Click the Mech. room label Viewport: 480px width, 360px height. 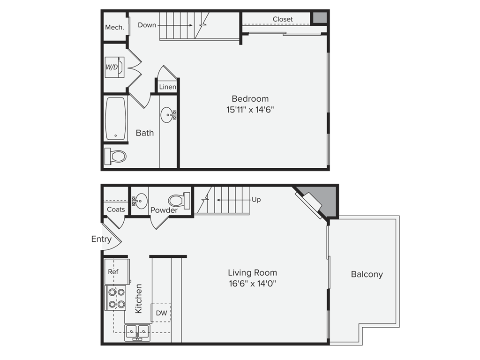pos(114,27)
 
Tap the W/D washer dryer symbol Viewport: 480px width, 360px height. pos(114,67)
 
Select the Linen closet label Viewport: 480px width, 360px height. pos(167,87)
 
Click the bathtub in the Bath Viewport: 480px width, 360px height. pos(115,119)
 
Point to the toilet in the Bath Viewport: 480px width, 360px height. pos(115,156)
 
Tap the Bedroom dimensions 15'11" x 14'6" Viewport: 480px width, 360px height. pos(250,110)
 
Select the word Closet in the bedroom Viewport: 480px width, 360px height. pos(283,19)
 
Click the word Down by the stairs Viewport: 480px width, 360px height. pos(147,25)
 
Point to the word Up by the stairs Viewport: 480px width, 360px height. pos(256,200)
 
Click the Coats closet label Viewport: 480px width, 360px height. pos(116,210)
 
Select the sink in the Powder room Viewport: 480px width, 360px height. pos(140,201)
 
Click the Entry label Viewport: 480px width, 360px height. pos(101,239)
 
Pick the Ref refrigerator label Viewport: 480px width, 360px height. pos(113,271)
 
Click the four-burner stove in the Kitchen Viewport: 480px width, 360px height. pos(115,298)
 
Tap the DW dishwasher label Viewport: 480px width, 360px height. pos(162,313)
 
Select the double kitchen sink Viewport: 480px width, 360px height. pos(137,332)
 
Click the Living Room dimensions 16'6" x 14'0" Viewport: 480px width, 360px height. pos(252,284)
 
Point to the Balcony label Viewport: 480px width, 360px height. pos(367,274)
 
